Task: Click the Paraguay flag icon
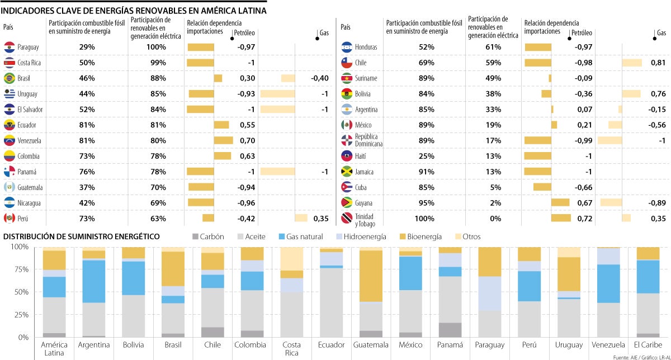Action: tap(9, 47)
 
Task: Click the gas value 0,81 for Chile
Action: tap(658, 63)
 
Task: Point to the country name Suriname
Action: tap(366, 78)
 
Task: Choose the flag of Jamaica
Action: tap(346, 172)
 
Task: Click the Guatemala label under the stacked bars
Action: tap(371, 345)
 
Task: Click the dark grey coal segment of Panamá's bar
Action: tap(451, 330)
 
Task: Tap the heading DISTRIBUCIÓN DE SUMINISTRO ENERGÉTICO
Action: tap(82, 237)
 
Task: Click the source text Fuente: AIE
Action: tap(625, 356)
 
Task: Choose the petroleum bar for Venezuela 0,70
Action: tap(224, 140)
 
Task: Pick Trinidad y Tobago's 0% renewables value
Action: tap(495, 219)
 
